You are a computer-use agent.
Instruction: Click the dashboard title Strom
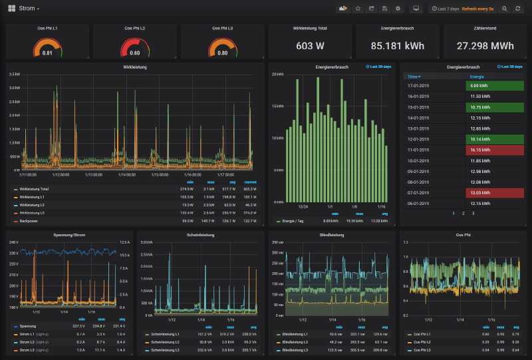coord(27,9)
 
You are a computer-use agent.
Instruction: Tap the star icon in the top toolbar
coord(358,9)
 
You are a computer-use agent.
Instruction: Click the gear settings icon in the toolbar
coord(398,9)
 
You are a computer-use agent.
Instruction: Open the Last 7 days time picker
coord(446,9)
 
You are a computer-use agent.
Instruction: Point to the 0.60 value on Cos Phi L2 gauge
coord(134,53)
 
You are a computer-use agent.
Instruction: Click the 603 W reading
coord(310,47)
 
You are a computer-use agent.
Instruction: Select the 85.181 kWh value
coord(397,47)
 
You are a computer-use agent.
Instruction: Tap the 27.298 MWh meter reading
coord(485,47)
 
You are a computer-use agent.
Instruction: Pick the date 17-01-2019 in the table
coord(417,86)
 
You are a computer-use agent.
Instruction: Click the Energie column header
coord(477,77)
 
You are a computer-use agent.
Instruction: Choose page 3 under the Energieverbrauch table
coord(473,213)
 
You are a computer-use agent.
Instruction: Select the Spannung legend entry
coord(28,326)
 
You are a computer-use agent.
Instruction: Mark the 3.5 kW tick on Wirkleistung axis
coord(14,74)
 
